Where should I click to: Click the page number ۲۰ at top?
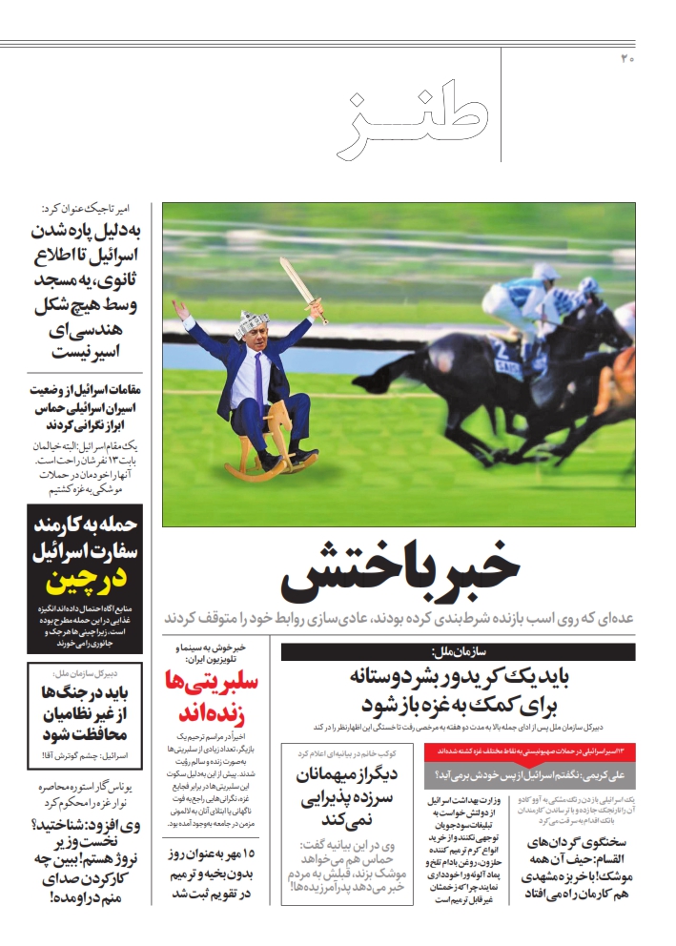627,59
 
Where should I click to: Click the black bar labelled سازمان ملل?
458,652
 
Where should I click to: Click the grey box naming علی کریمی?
529,773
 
